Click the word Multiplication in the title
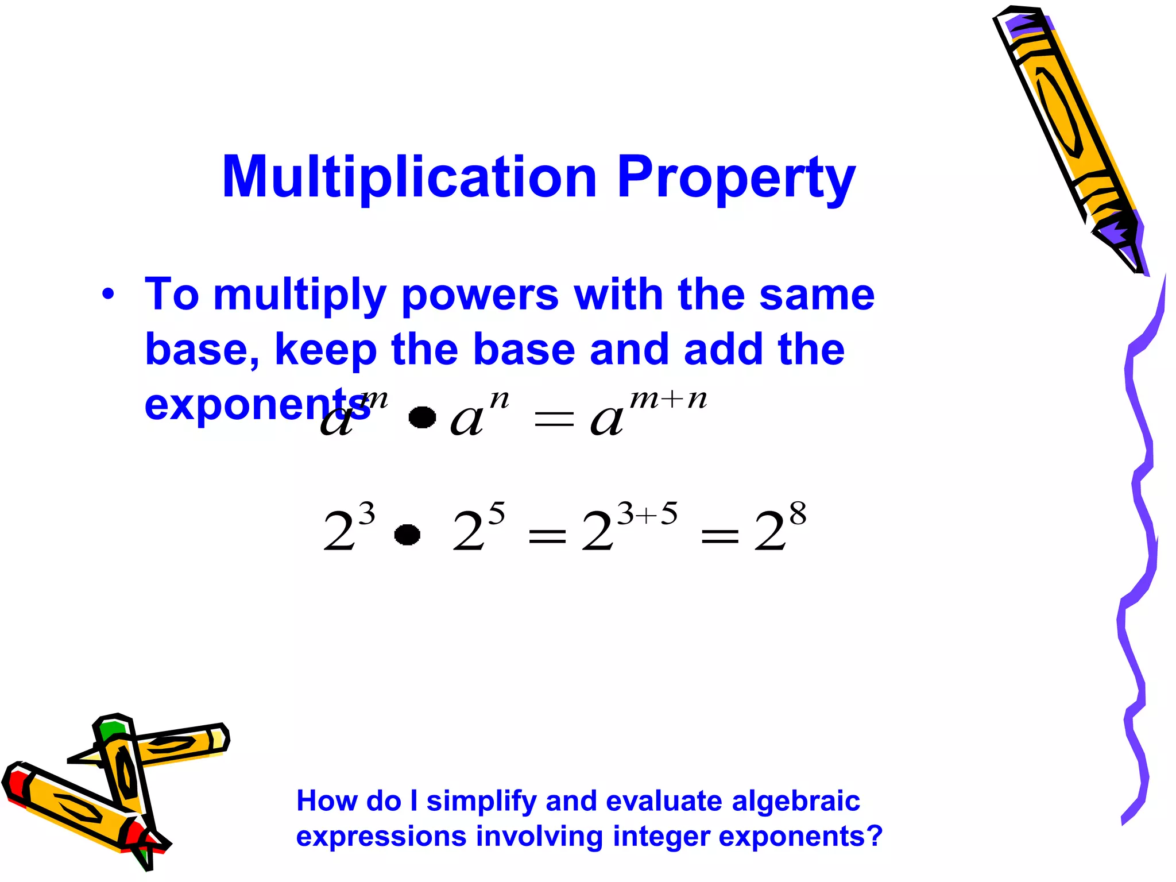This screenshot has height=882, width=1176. tap(409, 178)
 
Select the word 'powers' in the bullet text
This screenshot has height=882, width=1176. tap(479, 296)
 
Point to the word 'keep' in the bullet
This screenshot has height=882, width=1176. tap(326, 350)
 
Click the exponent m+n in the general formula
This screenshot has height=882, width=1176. tap(668, 399)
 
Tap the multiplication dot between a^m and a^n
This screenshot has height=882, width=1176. tap(422, 417)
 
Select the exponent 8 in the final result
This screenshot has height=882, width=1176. tap(798, 513)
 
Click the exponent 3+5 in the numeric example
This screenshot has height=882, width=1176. tap(647, 513)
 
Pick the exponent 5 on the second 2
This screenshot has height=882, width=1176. tap(497, 513)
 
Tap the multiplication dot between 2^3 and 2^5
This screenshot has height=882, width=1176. tap(407, 535)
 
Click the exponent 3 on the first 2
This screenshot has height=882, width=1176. tap(366, 513)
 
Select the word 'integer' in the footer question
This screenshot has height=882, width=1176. tap(661, 836)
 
